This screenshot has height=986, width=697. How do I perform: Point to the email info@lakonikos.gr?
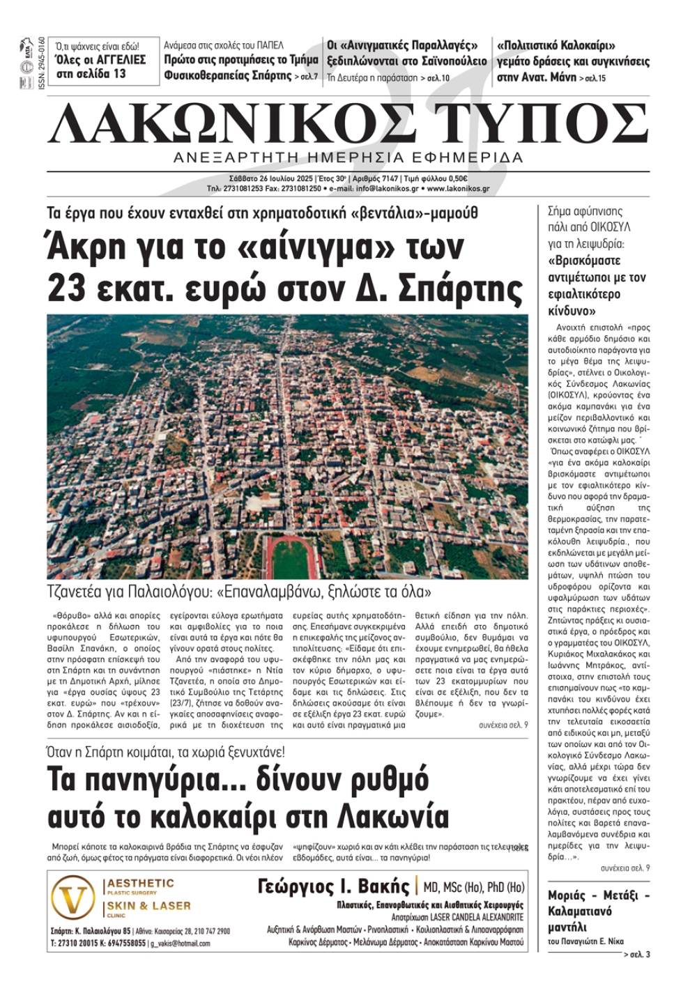click(388, 188)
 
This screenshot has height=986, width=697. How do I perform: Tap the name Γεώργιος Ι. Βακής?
click(333, 886)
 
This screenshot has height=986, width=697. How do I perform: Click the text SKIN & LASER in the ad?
click(148, 906)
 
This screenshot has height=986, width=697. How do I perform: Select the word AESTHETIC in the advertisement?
click(141, 884)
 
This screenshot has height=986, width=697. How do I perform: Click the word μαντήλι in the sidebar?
click(567, 927)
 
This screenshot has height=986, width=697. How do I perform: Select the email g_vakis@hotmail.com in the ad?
click(180, 943)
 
